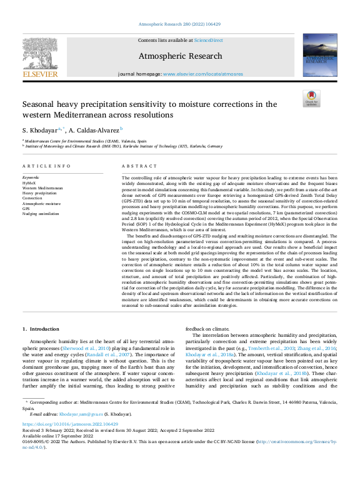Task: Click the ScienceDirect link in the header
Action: click(x=208, y=40)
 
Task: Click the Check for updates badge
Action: click(x=311, y=99)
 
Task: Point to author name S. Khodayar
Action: click(x=39, y=130)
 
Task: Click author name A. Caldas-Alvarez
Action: click(x=97, y=130)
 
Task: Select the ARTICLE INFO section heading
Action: click(x=46, y=166)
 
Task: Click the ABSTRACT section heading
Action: click(x=139, y=166)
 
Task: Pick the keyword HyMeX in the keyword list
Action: click(x=30, y=182)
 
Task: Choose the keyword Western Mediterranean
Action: click(x=42, y=187)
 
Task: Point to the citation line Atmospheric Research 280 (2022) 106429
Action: click(x=179, y=23)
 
